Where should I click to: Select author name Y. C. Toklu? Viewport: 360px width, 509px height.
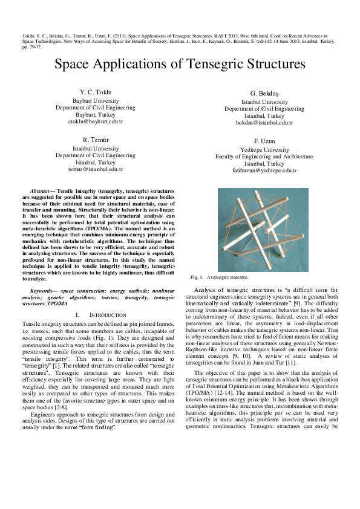pos(96,92)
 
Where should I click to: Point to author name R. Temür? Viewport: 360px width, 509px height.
pos(96,140)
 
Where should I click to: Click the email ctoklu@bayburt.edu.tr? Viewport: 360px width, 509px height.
pos(96,122)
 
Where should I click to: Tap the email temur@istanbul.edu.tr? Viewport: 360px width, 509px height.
pos(96,170)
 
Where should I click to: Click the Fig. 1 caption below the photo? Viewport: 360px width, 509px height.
pos(219,276)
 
